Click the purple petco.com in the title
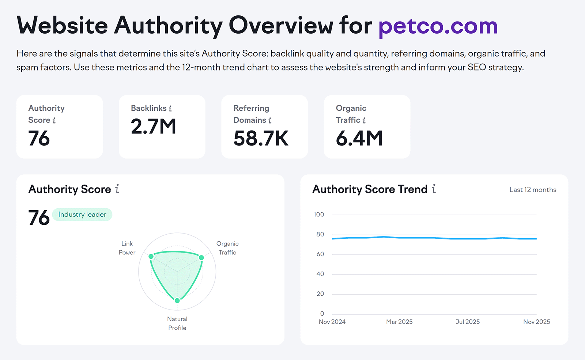coord(438,26)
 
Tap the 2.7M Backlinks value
coord(154,126)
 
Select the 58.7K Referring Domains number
coord(261,139)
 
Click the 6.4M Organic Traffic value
coord(359,139)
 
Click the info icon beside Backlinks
coord(170,109)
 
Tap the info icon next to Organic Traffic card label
coord(364,120)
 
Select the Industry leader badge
coord(82,215)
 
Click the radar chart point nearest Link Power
coord(151,257)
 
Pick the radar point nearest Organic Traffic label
coord(201,258)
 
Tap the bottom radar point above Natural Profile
coord(177,300)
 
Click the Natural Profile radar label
coord(177,323)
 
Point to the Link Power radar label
coord(127,248)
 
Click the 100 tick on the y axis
coord(319,215)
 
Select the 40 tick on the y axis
coord(320,274)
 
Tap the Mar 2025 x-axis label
coord(399,322)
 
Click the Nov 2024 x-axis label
coord(332,322)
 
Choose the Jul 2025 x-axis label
coord(468,322)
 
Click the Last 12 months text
coord(533,190)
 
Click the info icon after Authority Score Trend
coord(434,189)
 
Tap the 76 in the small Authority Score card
coord(39,139)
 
